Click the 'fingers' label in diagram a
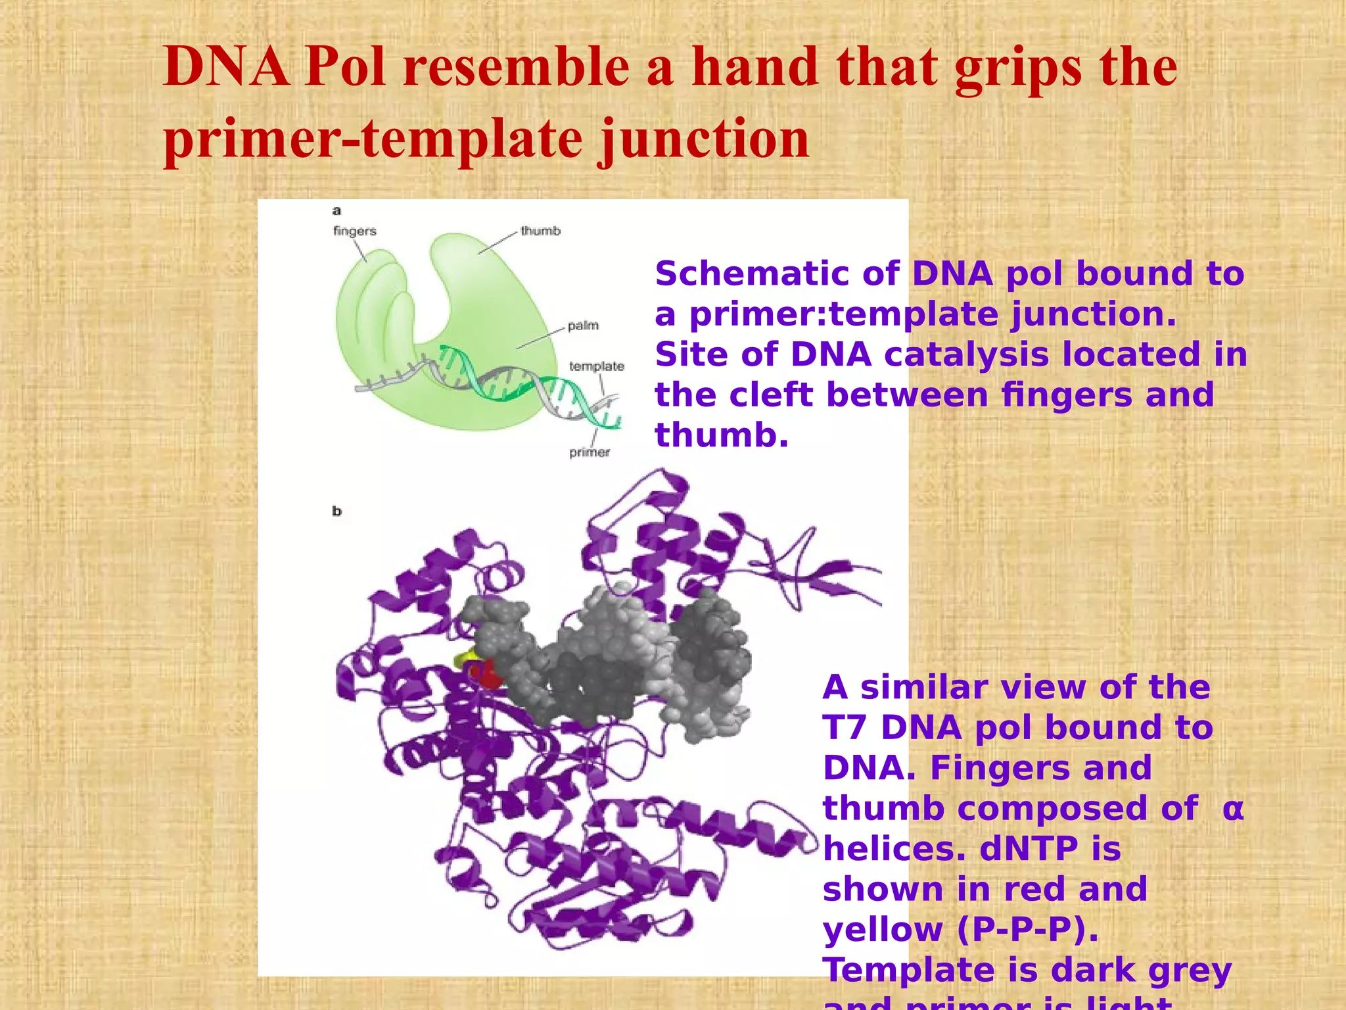[354, 231]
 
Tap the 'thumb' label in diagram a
[540, 231]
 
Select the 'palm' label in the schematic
[583, 325]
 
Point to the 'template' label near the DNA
[596, 366]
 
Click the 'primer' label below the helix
[589, 452]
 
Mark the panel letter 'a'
[336, 211]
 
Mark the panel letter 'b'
[336, 511]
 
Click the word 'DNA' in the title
[227, 67]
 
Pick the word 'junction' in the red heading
[703, 139]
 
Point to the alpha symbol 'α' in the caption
[1233, 809]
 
